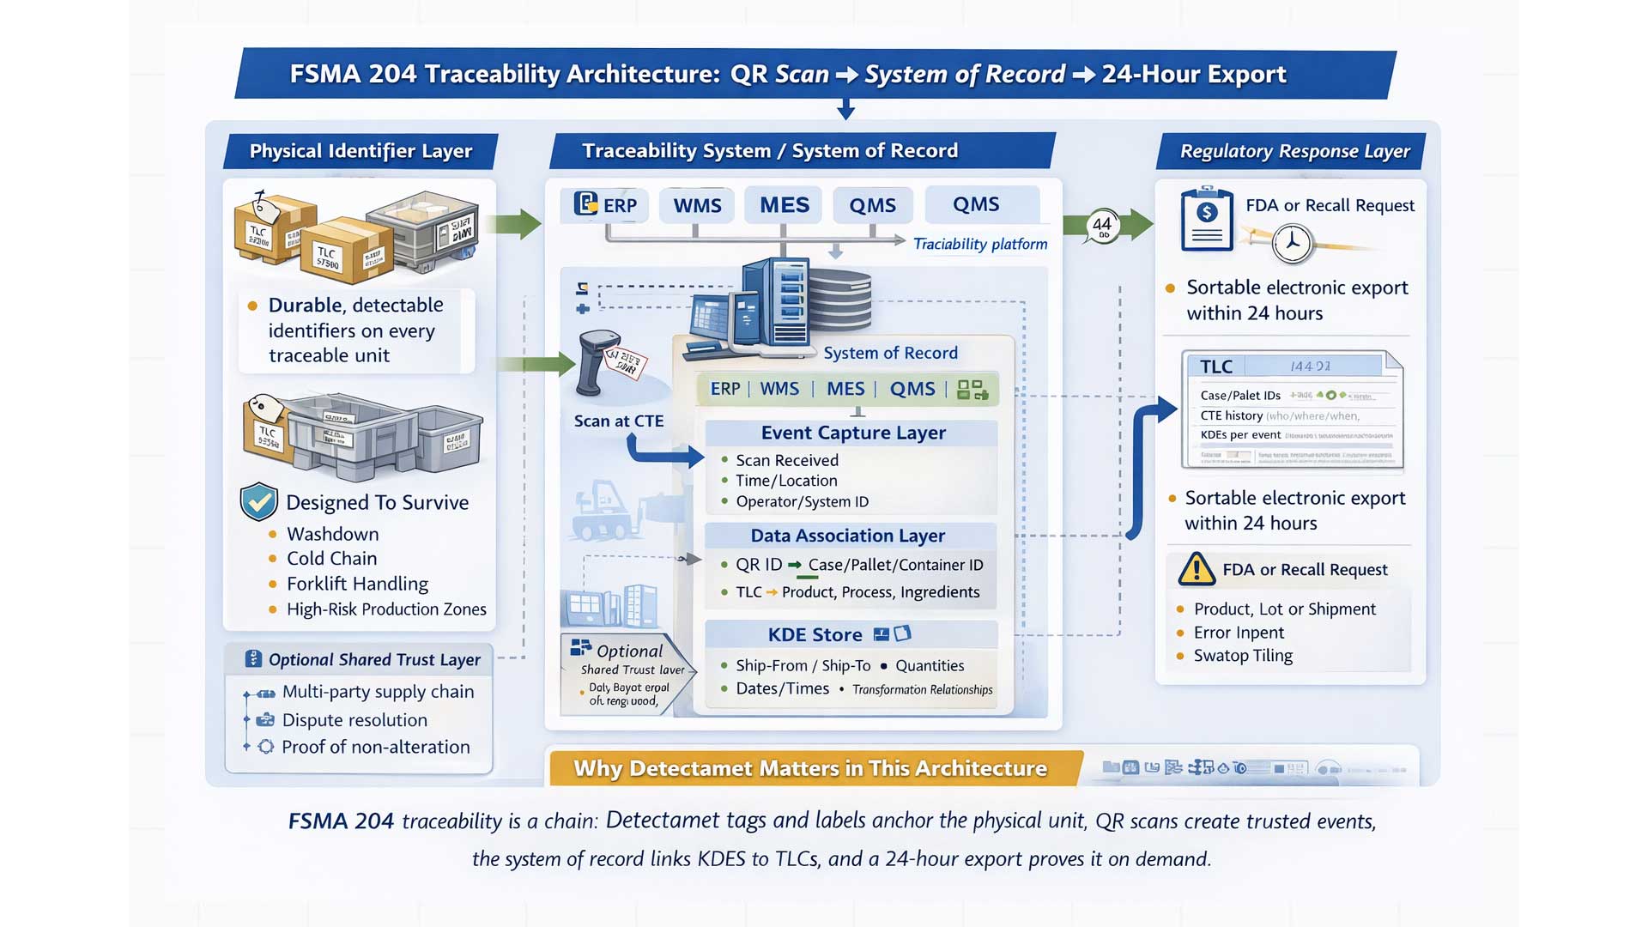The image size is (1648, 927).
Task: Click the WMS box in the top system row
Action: [697, 206]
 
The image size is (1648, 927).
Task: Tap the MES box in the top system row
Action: [784, 205]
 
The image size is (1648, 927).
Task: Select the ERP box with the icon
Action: [606, 205]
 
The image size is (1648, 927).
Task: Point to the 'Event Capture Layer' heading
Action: [852, 433]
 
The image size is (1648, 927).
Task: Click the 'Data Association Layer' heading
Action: [847, 536]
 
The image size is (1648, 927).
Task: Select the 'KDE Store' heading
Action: [815, 635]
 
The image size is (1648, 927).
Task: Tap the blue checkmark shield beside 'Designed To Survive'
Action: [258, 502]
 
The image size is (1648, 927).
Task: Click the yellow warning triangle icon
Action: [1197, 570]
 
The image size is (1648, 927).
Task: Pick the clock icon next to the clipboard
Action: [1292, 244]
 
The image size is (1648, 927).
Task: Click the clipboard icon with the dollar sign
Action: [1207, 220]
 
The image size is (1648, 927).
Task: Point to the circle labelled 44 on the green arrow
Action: [1102, 226]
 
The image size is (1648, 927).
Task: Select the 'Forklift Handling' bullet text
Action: [357, 584]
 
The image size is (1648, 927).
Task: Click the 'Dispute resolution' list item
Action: [354, 720]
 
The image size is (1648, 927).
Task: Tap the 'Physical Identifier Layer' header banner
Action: [360, 151]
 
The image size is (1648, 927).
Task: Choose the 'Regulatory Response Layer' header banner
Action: [1294, 151]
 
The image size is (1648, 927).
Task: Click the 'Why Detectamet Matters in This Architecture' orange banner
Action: [810, 768]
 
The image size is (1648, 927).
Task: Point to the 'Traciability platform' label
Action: [979, 245]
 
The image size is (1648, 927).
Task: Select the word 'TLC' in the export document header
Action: [1215, 367]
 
